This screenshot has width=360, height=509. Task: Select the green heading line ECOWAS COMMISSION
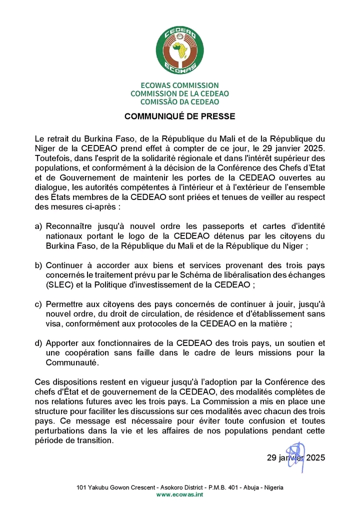point(180,85)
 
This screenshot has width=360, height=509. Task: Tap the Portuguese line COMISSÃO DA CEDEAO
point(180,101)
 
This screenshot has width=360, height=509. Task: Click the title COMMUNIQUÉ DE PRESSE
point(180,116)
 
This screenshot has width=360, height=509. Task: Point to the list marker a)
point(38,226)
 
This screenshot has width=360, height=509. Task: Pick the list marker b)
point(38,265)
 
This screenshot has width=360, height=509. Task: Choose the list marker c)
point(38,304)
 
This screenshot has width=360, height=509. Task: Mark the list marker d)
point(38,343)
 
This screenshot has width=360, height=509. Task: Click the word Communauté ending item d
point(71,362)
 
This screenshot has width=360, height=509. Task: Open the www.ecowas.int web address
point(180,494)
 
